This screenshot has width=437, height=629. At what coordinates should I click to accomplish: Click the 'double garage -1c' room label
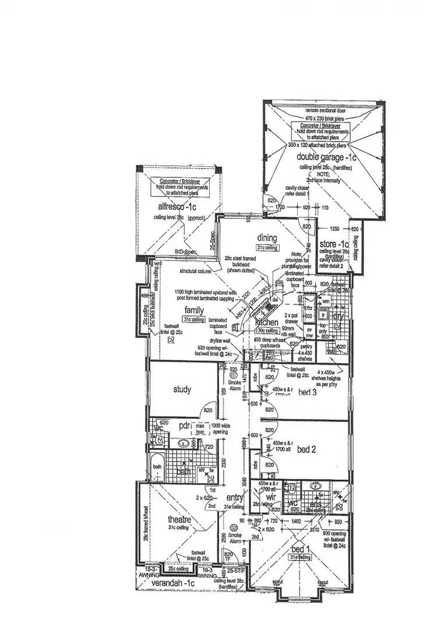(326, 157)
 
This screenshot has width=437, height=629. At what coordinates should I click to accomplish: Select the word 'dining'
(267, 238)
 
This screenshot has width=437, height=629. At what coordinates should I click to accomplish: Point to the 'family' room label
(194, 310)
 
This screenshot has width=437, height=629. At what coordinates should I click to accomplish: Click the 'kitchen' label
(268, 322)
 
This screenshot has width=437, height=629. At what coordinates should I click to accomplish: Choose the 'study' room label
(182, 389)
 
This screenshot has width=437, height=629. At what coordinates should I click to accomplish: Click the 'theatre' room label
(179, 520)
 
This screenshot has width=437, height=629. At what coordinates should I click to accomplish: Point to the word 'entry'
(235, 497)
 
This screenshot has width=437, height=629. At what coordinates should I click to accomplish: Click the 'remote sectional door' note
(326, 111)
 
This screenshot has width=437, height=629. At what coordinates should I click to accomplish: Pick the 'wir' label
(263, 497)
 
